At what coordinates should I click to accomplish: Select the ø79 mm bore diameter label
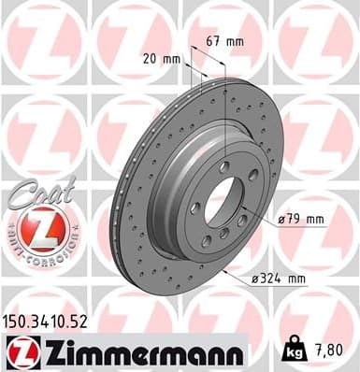coord(302,220)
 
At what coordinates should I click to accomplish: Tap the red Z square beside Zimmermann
coord(18,352)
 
